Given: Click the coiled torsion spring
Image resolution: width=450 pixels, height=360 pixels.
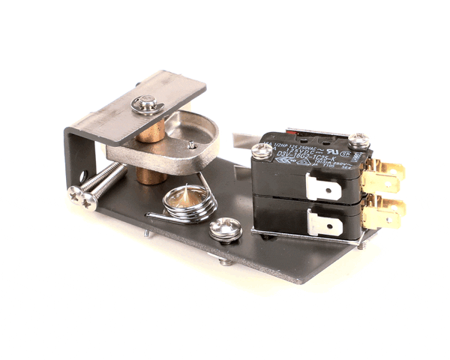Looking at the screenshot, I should [x=189, y=203].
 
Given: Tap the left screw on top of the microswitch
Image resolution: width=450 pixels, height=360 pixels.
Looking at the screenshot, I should [x=262, y=151].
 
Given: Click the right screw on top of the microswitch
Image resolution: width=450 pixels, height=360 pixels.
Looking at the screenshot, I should [x=358, y=139].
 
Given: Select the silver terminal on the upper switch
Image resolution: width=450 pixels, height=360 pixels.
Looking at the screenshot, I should [x=323, y=190].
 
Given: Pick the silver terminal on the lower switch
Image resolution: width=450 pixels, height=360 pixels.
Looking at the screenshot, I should [x=325, y=223].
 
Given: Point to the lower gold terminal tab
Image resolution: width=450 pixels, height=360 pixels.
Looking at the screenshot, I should [x=385, y=214].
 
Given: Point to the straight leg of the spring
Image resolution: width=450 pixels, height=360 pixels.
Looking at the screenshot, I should [x=161, y=217].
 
